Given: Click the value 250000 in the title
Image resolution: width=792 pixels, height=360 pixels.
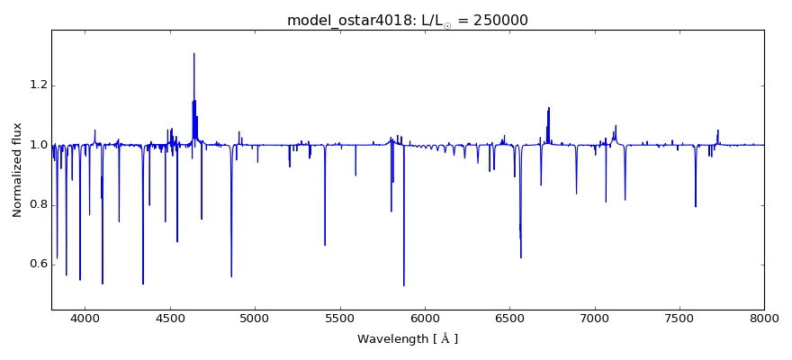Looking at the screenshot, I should (497, 20).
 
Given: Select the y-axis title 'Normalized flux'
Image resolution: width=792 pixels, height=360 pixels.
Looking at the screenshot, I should (17, 169).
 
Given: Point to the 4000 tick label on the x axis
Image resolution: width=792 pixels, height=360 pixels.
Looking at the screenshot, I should (85, 319).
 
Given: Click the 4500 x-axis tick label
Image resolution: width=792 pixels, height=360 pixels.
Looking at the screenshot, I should (170, 319).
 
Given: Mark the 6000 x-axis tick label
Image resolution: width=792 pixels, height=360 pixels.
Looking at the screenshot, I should (425, 319).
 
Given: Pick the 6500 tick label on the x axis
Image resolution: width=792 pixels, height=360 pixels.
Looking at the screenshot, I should (509, 319).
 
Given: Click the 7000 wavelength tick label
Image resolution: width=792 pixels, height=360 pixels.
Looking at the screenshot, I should (594, 319).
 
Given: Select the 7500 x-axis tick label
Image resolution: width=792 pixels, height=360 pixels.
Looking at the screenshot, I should (679, 319).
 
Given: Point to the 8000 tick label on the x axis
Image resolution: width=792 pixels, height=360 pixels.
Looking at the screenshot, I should (763, 319).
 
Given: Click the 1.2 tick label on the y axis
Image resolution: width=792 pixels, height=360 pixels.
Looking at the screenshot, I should (36, 85).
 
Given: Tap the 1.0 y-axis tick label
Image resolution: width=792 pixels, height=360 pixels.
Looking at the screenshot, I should (36, 145).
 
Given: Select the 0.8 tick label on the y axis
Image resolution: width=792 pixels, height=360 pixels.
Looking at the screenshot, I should (36, 204).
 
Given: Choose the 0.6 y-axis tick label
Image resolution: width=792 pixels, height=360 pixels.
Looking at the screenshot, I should (36, 264).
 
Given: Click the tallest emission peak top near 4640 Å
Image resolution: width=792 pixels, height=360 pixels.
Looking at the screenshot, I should (193, 53).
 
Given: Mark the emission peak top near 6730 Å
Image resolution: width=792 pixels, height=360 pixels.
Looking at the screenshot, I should (549, 107).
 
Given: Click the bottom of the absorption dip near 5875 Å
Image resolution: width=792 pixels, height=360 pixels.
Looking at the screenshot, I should (404, 285).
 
